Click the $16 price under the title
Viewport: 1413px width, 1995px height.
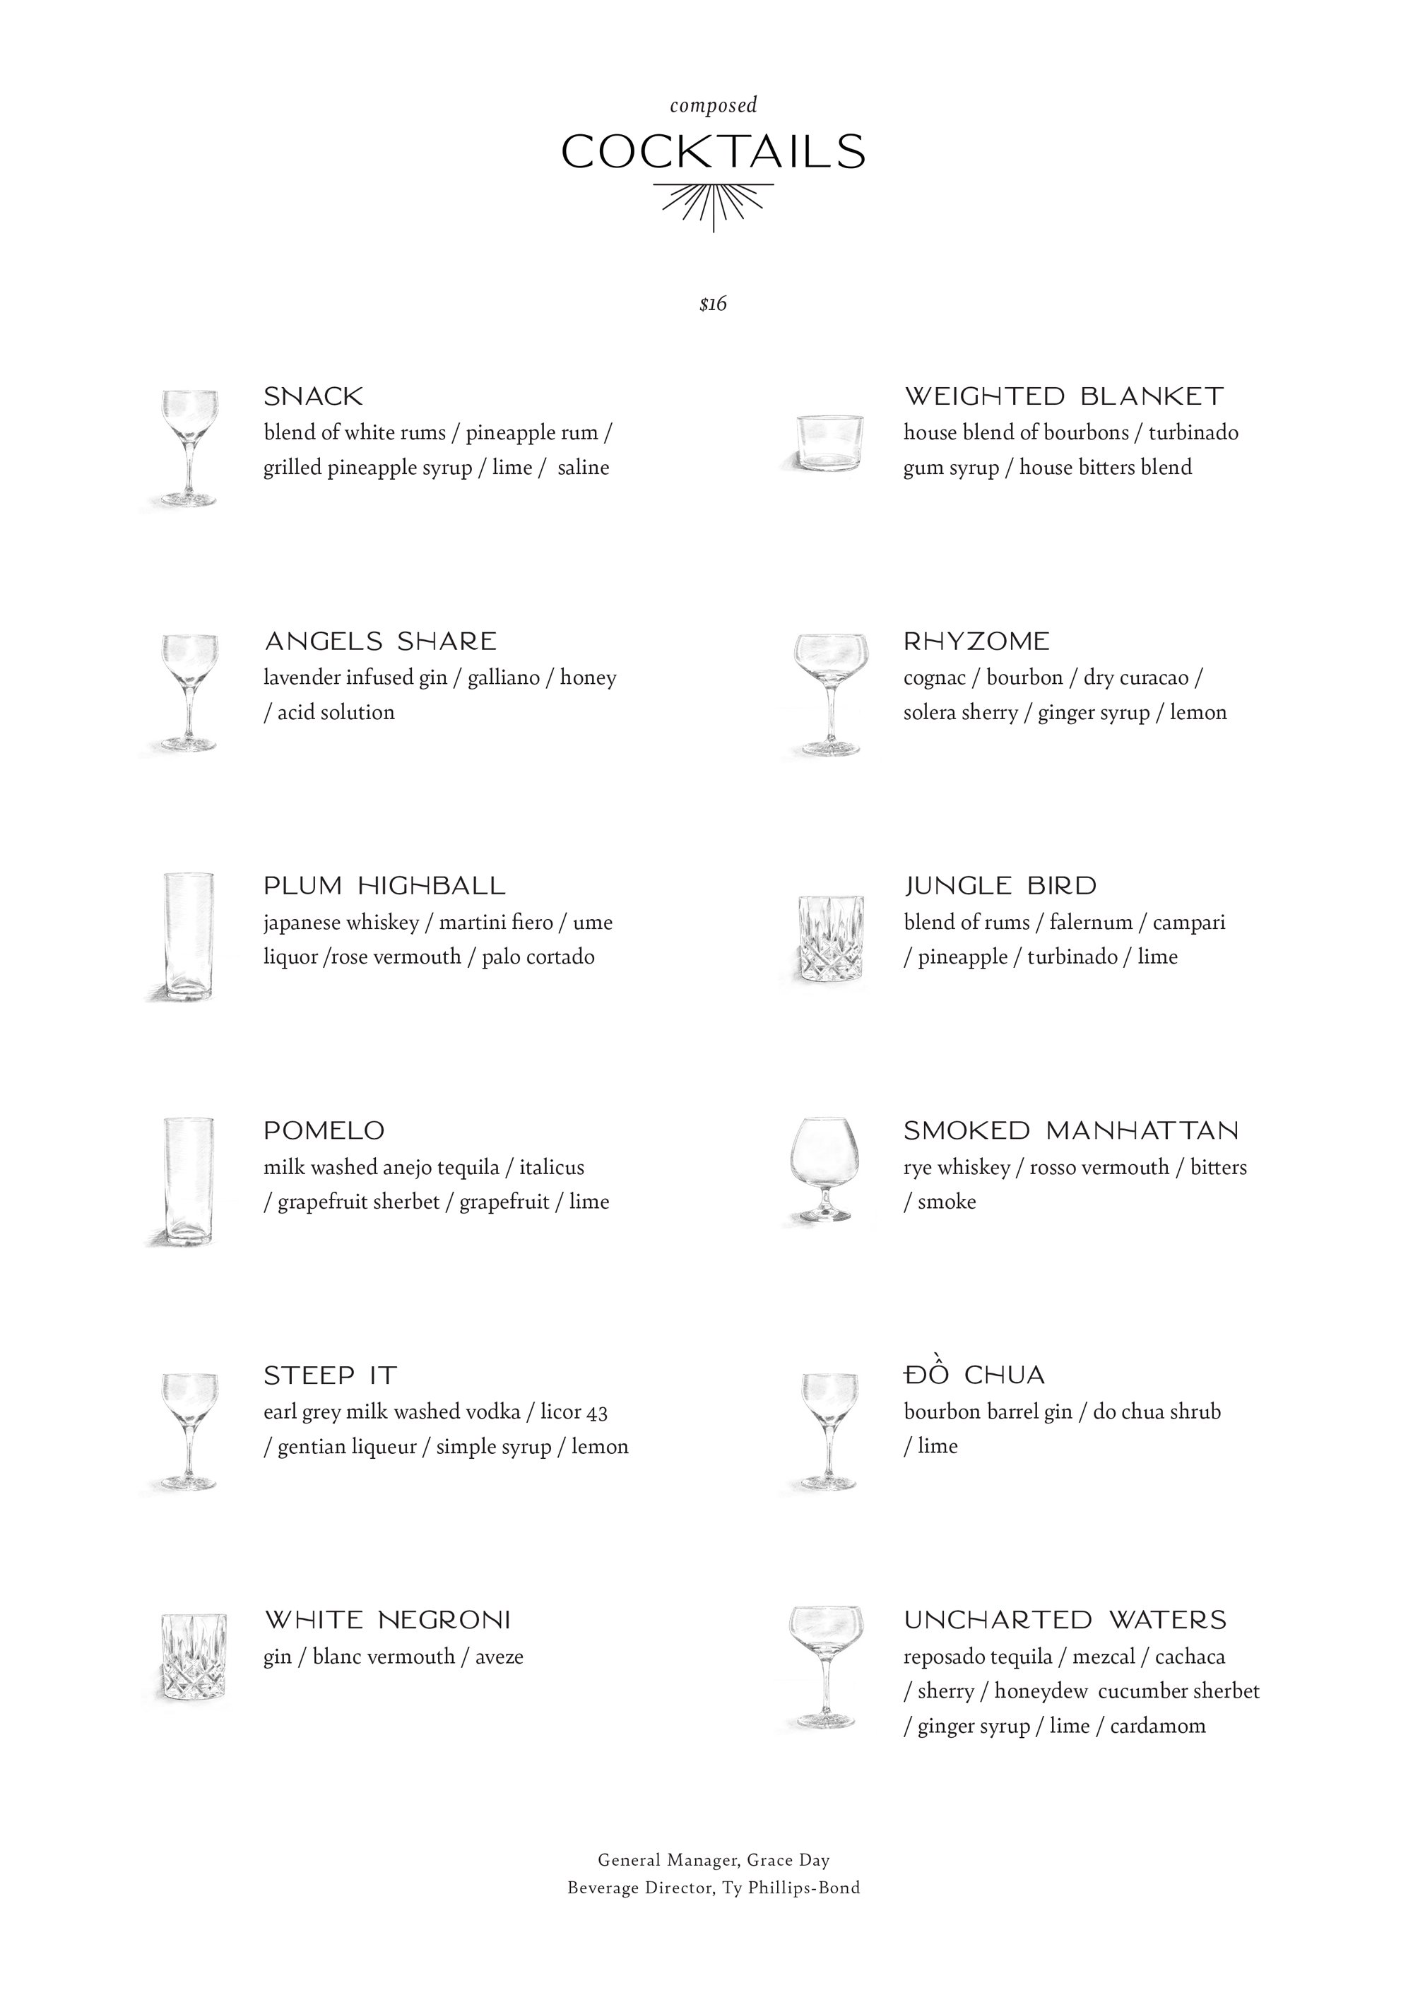click(713, 304)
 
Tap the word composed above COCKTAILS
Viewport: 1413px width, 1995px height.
click(714, 105)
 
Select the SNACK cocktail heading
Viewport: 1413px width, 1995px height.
click(313, 397)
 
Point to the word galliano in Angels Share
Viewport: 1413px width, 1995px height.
click(504, 677)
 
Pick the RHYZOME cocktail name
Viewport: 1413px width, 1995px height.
click(976, 641)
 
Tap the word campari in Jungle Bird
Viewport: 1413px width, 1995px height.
click(1188, 922)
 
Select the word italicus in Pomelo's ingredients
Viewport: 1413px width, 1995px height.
click(552, 1167)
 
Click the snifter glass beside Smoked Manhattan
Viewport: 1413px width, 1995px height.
click(823, 1169)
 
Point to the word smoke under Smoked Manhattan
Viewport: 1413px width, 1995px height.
click(947, 1202)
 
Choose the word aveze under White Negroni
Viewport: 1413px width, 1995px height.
click(499, 1657)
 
